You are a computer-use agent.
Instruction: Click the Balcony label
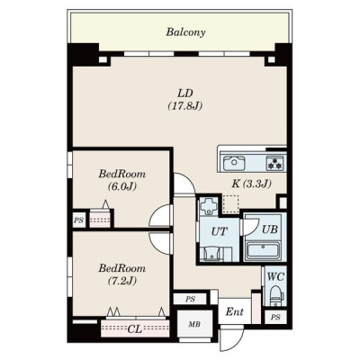pos(185,32)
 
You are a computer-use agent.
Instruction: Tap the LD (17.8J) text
pos(185,99)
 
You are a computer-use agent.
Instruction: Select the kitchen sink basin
pos(234,163)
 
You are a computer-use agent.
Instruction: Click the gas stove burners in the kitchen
pos(274,164)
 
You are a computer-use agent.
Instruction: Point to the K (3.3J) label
pos(251,184)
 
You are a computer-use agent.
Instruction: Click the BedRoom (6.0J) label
pos(122,180)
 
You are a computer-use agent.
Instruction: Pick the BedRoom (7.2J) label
pos(122,274)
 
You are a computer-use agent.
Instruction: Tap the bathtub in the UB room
pos(263,250)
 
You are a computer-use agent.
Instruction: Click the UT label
pos(220,231)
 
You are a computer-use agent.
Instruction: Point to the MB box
pos(194,324)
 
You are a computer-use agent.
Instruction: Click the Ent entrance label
pos(234,312)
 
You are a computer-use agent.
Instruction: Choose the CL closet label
pos(135,329)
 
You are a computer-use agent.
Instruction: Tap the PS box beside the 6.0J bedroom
pos(79,220)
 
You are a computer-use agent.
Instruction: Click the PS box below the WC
pos(275,317)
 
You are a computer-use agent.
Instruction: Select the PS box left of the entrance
pos(190,299)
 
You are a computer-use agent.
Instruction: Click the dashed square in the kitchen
pos(231,204)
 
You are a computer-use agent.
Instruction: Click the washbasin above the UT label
pos(208,206)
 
